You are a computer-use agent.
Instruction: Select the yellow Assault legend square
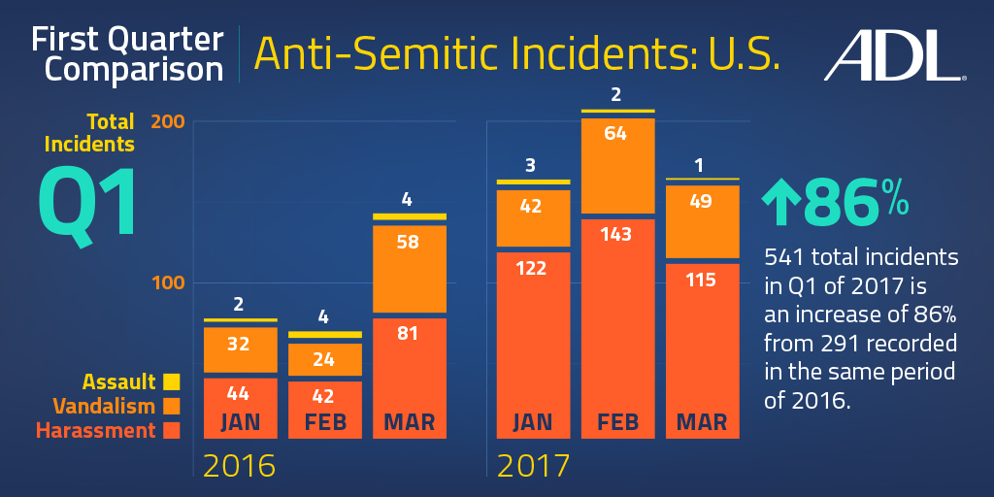tap(172, 381)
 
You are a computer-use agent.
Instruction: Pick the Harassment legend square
tap(172, 430)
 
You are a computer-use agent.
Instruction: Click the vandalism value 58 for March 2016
tap(408, 242)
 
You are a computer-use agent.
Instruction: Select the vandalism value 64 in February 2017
tap(618, 133)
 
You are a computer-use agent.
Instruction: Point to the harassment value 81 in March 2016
tap(408, 333)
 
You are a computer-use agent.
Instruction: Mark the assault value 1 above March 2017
tap(701, 165)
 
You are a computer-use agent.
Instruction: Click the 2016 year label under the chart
tap(239, 466)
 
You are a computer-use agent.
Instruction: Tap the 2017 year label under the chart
tap(533, 466)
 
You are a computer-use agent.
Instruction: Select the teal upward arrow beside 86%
tap(780, 202)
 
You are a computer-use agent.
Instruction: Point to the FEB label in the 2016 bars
tap(324, 423)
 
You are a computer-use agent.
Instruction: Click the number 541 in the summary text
tap(788, 258)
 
